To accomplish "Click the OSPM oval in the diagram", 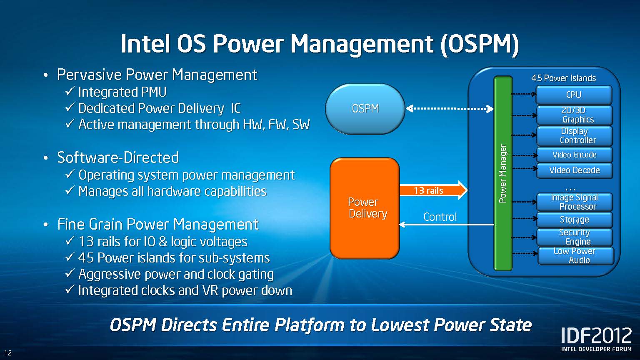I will [x=365, y=109].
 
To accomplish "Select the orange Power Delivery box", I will [x=365, y=208].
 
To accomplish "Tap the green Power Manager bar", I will [x=503, y=173].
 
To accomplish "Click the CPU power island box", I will [x=574, y=95].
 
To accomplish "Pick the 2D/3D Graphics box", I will [x=575, y=115].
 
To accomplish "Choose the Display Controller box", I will [x=575, y=136].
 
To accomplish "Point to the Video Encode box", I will [x=575, y=155].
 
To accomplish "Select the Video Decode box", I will [x=575, y=170].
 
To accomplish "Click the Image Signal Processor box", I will [x=575, y=202].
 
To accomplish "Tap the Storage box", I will [x=575, y=220].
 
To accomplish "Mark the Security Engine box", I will [x=575, y=237].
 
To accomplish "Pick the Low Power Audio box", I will [x=575, y=256].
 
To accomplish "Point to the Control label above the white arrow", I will [x=440, y=217].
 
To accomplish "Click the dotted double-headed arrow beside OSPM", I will [x=450, y=109].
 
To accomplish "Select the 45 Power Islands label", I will [x=563, y=78].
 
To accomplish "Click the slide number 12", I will [x=8, y=353].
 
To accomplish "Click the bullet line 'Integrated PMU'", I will [x=122, y=92].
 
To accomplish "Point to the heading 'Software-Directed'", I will [x=118, y=157].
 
